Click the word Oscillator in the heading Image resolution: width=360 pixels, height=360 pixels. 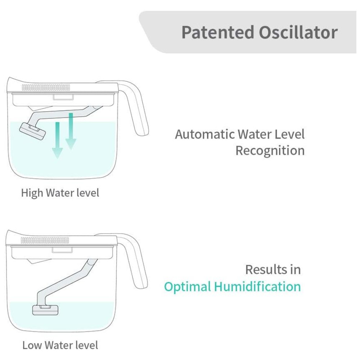tap(298, 32)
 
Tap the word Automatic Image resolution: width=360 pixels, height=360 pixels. tap(205, 134)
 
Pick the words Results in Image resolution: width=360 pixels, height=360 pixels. tap(273, 270)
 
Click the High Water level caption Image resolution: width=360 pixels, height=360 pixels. tap(60, 193)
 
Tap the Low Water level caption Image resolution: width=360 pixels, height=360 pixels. tap(60, 345)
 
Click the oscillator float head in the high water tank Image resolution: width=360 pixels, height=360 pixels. tap(33, 131)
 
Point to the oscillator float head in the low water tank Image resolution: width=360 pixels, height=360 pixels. tap(45, 310)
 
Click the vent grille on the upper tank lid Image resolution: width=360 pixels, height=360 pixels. tap(46, 87)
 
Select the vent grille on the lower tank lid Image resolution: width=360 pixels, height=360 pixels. tap(45, 240)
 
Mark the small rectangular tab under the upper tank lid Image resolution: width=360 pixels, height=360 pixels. tap(63, 97)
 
